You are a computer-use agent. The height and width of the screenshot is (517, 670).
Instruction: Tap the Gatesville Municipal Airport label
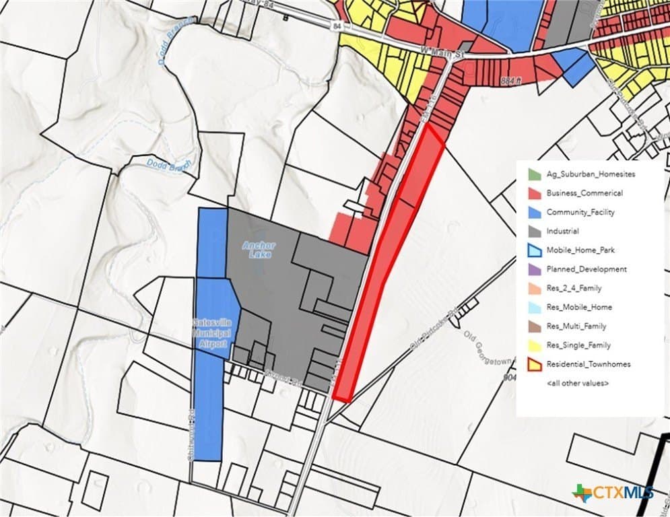(x=212, y=329)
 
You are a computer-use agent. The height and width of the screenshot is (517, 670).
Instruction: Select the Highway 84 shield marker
(x=337, y=26)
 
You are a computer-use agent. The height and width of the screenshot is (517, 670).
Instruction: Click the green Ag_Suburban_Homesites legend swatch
(x=533, y=174)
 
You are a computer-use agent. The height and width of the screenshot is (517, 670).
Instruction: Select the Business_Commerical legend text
(x=584, y=193)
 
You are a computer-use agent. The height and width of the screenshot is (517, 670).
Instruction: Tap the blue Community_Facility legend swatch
(x=533, y=212)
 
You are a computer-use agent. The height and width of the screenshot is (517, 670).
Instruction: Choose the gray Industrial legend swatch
(x=533, y=231)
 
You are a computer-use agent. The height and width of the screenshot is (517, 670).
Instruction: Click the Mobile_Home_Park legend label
(x=580, y=250)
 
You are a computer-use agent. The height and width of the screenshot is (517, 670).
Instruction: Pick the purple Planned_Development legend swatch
(x=533, y=269)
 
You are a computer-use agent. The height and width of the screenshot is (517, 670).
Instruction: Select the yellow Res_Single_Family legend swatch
(x=533, y=345)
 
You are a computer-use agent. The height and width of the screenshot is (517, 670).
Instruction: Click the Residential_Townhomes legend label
(x=589, y=364)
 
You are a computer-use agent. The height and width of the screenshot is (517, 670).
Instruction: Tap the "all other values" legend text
(x=578, y=382)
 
